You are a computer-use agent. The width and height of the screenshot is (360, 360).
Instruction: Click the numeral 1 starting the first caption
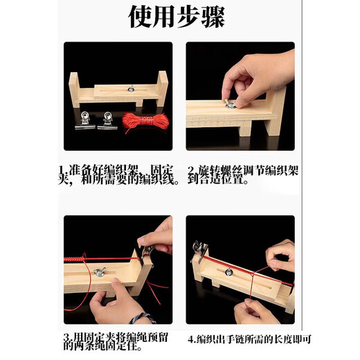pos(61,170)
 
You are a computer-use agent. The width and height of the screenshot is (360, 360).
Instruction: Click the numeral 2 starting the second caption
pos(191,170)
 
